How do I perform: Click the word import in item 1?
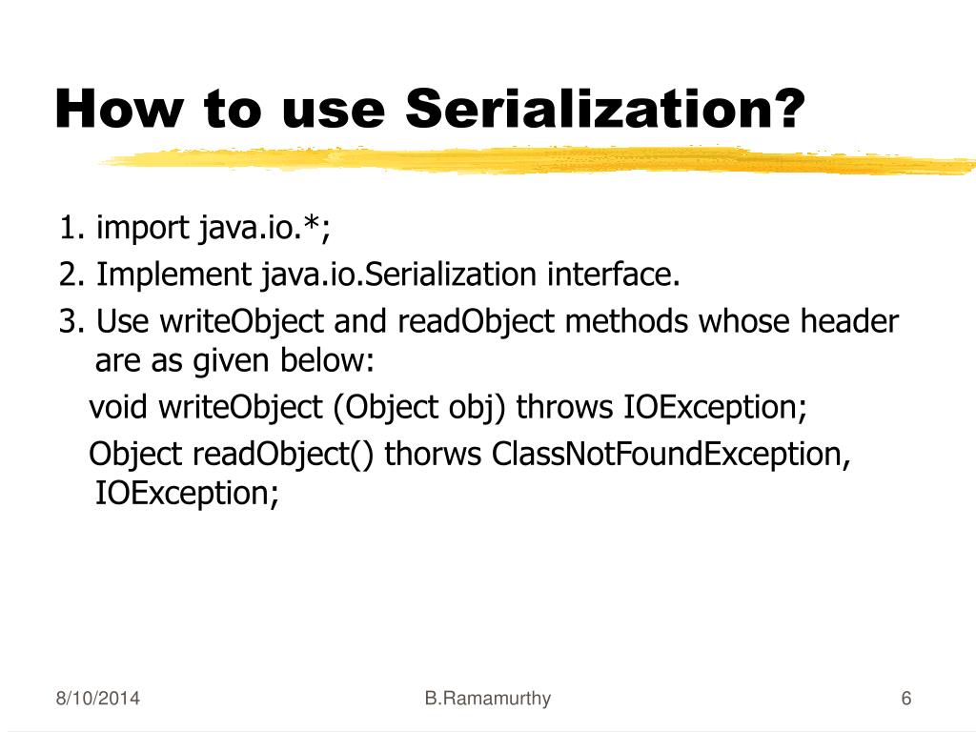point(144,229)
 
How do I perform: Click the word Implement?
point(173,275)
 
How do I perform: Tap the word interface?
point(614,275)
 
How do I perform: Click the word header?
point(848,322)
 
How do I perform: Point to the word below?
point(328,361)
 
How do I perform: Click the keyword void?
point(119,408)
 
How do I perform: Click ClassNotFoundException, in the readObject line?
point(671,455)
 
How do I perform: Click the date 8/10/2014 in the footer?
point(96,700)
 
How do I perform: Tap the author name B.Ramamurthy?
point(488,700)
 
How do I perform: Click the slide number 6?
point(905,700)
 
